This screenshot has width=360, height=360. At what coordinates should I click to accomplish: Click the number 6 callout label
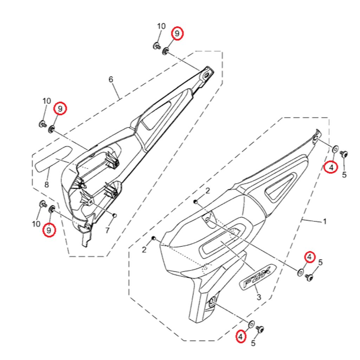pos(111,79)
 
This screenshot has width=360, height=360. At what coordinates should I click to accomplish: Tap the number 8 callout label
pos(47,184)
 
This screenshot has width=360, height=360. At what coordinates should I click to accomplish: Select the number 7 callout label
pos(107,230)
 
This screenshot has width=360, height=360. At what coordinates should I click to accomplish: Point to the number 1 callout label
pos(324,221)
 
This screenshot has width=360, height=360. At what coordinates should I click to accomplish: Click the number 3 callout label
pos(259,297)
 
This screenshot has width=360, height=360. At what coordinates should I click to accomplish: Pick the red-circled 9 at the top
pos(177,33)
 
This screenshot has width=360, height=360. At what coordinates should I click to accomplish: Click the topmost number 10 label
pos(161,26)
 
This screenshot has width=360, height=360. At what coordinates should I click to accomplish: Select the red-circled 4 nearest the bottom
pos(240,336)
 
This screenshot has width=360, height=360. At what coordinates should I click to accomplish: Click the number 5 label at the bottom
pos(253,343)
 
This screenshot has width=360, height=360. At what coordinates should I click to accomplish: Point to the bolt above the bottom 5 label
pos(261,329)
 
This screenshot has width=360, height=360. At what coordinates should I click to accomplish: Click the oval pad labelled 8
pos(54,159)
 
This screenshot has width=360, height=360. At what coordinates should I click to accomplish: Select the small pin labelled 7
pos(115,216)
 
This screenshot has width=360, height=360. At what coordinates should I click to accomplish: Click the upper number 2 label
pos(208,191)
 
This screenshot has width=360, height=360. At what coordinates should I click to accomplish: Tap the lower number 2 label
pos(144,250)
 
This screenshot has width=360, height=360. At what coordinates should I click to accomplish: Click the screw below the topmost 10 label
pos(156,46)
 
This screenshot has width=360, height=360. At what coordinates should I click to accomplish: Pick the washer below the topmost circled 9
pos(165,51)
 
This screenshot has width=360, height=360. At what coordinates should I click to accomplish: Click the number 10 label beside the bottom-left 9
pos(36,224)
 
